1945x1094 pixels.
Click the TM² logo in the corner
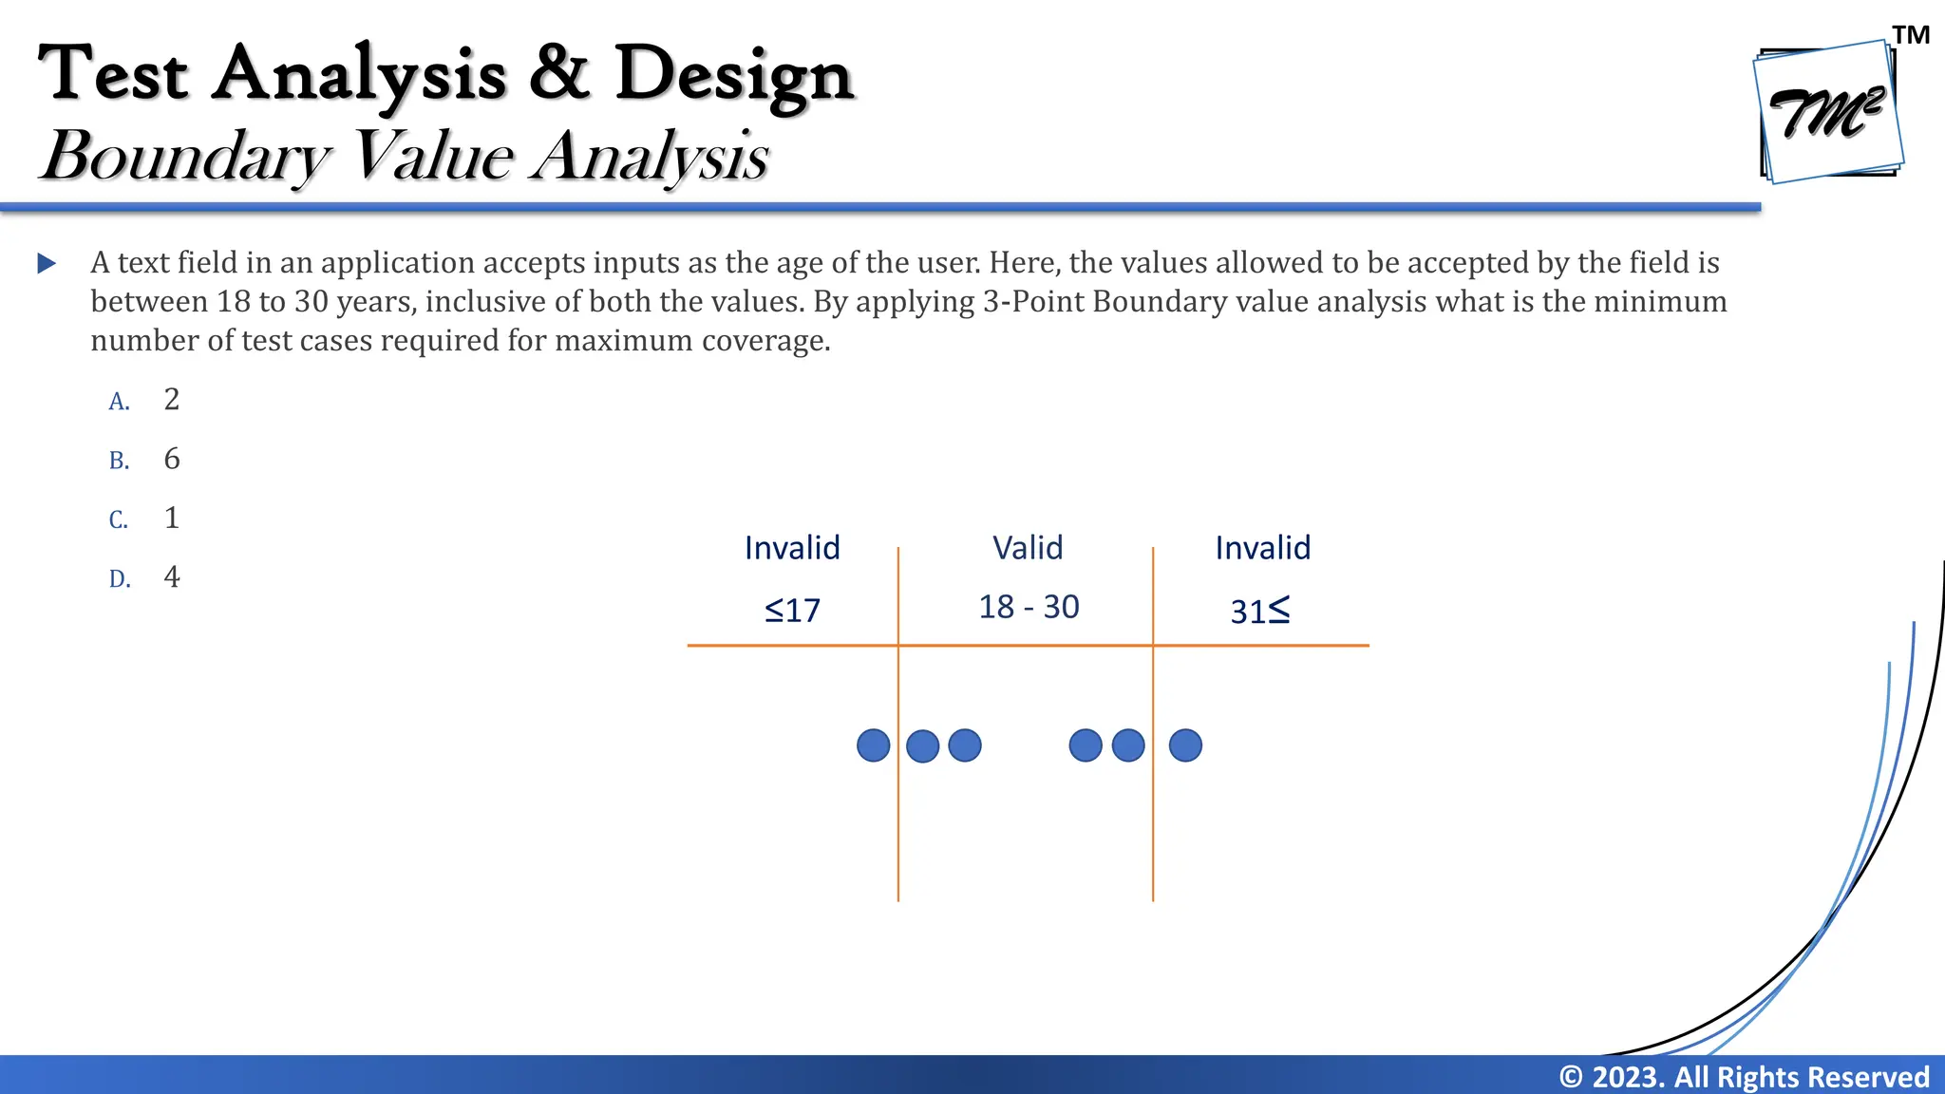click(1827, 112)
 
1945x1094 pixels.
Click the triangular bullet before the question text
click(47, 263)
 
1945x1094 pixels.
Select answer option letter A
click(119, 402)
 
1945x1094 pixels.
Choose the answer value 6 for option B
click(172, 459)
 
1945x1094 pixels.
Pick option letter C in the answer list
click(119, 520)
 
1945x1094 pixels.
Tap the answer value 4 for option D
click(172, 576)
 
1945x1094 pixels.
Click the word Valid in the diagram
click(1028, 548)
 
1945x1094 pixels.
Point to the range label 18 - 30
click(1029, 607)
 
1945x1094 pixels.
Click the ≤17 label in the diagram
click(792, 610)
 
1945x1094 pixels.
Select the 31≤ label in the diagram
click(1260, 611)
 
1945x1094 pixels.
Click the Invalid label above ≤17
click(792, 548)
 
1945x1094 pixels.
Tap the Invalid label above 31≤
click(1263, 548)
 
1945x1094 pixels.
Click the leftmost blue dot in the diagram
click(873, 745)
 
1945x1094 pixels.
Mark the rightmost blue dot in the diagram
click(1185, 745)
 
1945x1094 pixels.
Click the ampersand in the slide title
click(560, 72)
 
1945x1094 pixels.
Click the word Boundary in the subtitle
click(186, 155)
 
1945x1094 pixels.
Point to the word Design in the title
click(734, 74)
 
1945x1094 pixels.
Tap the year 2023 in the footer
click(1628, 1077)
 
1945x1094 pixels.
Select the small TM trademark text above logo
click(1911, 35)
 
